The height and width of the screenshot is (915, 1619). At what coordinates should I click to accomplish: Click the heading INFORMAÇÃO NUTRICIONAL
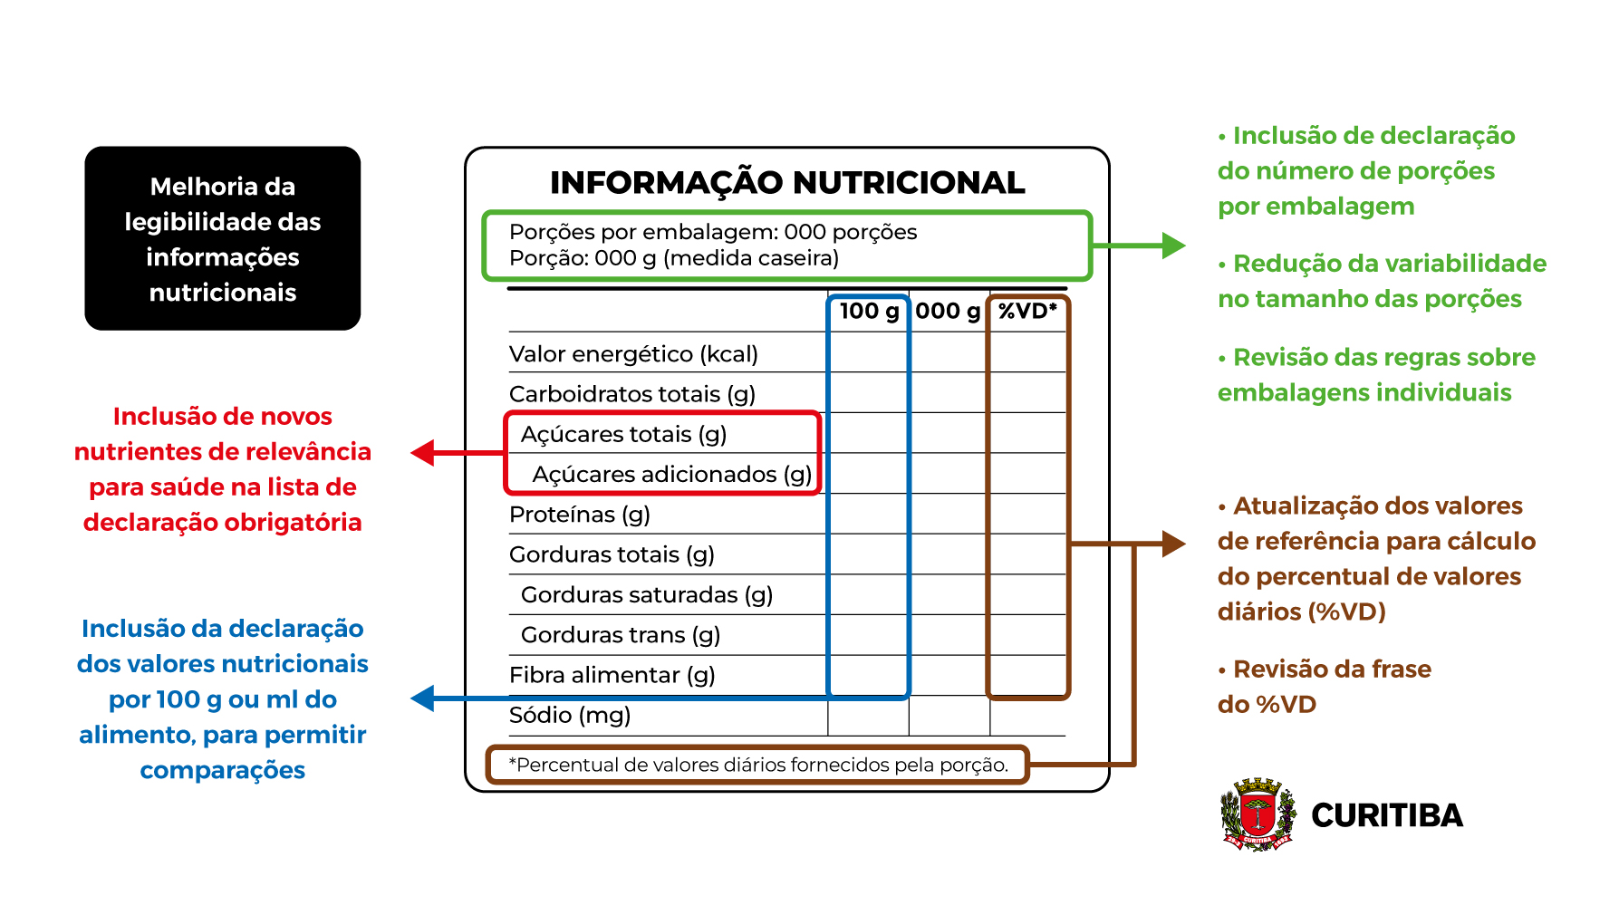coord(787,182)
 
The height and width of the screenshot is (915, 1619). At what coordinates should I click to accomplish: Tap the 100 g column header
coord(869,312)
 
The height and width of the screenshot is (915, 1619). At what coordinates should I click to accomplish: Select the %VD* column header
coord(1027,311)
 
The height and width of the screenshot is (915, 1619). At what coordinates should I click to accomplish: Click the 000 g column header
coord(948,312)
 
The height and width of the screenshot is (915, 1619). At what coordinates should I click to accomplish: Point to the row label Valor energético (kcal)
coord(633,354)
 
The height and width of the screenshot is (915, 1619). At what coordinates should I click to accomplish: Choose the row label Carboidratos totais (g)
coord(632,394)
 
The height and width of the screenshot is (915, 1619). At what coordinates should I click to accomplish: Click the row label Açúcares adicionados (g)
coord(671,475)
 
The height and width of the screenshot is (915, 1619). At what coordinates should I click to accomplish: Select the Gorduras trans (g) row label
coord(621,635)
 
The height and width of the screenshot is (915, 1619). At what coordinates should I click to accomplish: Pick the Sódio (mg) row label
coord(570,716)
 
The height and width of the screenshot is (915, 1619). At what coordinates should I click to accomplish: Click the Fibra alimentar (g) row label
coord(612,675)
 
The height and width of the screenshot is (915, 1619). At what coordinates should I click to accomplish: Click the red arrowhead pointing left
coord(423,453)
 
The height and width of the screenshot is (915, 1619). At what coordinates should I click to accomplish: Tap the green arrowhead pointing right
coord(1173,246)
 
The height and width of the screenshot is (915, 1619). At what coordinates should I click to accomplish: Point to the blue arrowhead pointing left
coord(423,698)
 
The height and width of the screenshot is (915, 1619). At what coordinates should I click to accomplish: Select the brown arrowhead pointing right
coord(1173,544)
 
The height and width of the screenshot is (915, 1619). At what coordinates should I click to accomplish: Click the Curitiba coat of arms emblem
coord(1258,814)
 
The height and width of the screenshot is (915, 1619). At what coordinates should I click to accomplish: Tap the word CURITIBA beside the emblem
coord(1387,815)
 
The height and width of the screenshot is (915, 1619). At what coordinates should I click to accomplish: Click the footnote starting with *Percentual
coord(758,765)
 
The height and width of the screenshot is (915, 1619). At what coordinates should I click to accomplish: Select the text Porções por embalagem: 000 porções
coord(713,233)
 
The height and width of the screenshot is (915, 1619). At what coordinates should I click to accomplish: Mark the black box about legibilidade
coord(223,238)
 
